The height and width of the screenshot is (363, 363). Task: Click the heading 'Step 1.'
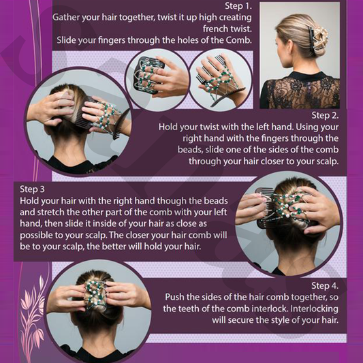pyautogui.click(x=238, y=6)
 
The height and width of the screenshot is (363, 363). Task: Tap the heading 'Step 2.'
pyautogui.click(x=325, y=115)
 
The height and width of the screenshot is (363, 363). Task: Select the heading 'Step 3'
pyautogui.click(x=32, y=189)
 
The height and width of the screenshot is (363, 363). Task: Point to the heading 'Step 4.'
pyautogui.click(x=325, y=285)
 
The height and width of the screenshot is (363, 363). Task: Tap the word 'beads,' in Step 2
pyautogui.click(x=190, y=150)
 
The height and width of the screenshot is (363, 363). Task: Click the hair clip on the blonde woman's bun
pyautogui.click(x=317, y=39)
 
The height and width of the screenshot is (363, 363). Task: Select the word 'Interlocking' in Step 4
pyautogui.click(x=315, y=309)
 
